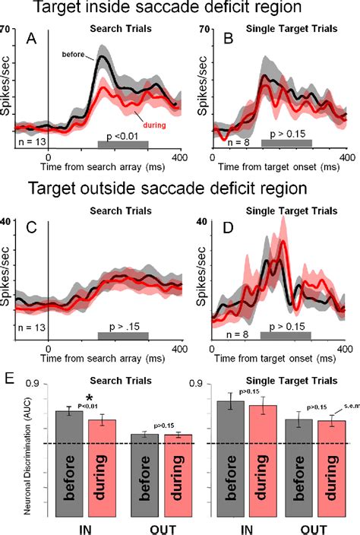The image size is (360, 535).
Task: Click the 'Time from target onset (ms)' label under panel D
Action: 270,358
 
